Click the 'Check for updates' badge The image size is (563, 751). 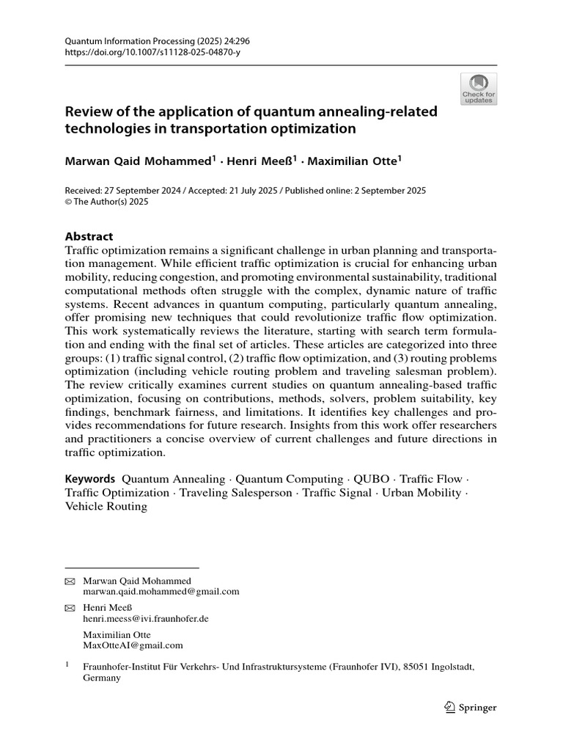click(478, 89)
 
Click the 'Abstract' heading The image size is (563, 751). click(89, 236)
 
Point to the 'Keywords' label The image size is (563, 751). click(90, 479)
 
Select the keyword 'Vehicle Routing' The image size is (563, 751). click(106, 506)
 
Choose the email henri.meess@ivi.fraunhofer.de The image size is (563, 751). click(146, 618)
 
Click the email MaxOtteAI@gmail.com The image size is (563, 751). click(133, 645)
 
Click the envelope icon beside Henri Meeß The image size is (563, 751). click(70, 608)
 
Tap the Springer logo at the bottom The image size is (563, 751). click(471, 708)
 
